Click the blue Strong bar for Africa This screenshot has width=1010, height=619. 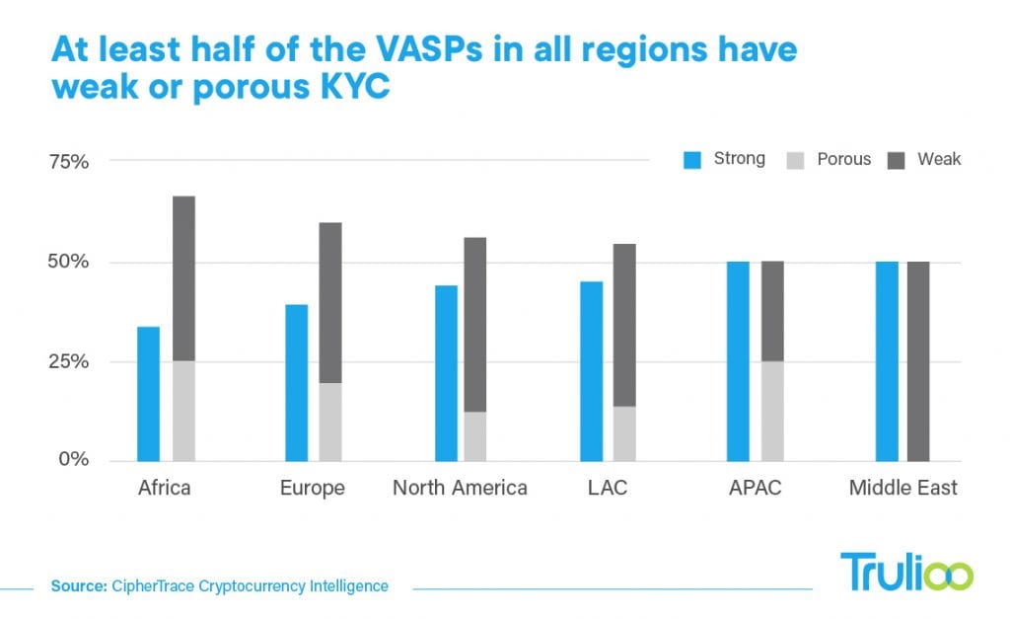coord(148,393)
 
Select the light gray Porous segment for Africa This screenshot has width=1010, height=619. coord(183,411)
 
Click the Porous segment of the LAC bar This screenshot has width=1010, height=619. coord(625,433)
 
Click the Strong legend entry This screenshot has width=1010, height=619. coord(724,159)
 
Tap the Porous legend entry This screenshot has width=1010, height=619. coord(829,159)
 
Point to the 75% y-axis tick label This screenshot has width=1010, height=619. coord(69,161)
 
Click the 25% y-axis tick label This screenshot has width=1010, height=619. coord(69,361)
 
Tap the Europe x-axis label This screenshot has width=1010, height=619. coord(313,488)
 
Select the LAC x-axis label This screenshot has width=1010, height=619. coord(609,488)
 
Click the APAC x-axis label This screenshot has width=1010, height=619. coord(755,488)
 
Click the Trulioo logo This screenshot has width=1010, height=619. coord(905,573)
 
